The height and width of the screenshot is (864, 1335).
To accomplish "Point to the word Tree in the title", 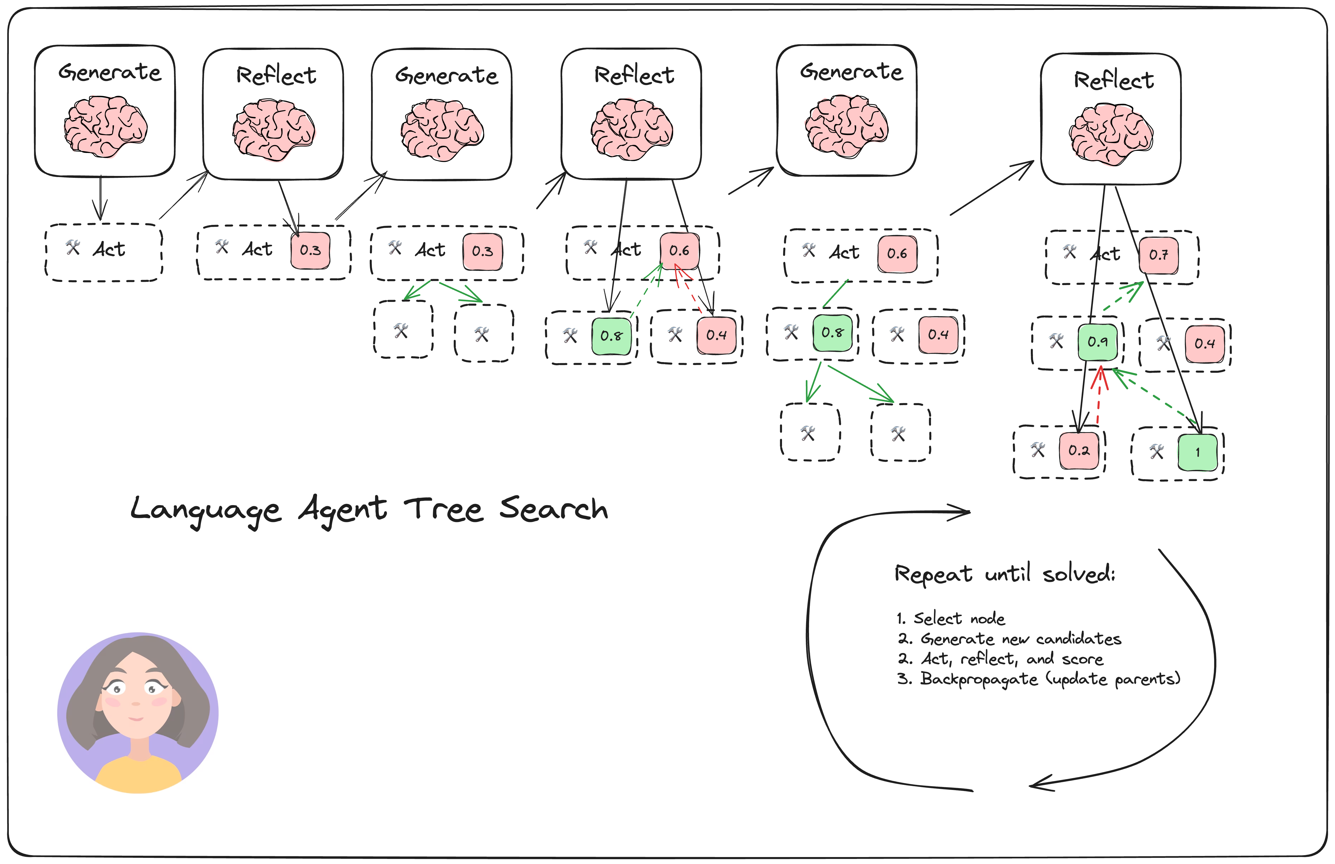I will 443,509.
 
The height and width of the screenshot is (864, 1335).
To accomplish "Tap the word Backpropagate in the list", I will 979,679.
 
